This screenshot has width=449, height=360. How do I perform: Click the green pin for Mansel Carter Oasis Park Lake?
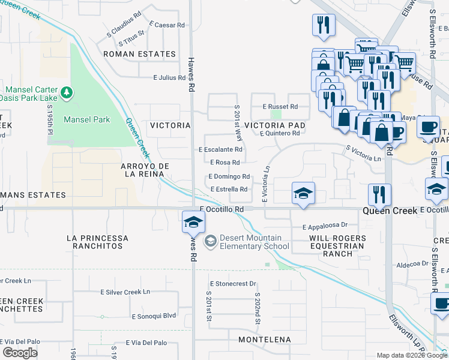click(x=67, y=92)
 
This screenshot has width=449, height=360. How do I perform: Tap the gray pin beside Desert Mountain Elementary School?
click(x=210, y=242)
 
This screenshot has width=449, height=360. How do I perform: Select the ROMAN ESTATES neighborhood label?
click(x=139, y=54)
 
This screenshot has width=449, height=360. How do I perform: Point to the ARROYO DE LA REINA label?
click(x=142, y=170)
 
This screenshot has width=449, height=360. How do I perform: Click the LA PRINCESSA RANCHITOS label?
click(x=97, y=242)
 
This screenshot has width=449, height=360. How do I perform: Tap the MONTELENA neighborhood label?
click(x=265, y=340)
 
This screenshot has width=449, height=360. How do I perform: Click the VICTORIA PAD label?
click(x=275, y=125)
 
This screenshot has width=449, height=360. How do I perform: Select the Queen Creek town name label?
click(x=390, y=211)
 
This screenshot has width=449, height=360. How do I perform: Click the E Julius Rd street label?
click(x=169, y=77)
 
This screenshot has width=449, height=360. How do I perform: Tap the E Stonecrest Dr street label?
click(x=233, y=283)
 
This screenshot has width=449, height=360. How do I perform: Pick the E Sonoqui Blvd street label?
click(x=154, y=316)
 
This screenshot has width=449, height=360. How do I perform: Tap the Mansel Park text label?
click(x=87, y=119)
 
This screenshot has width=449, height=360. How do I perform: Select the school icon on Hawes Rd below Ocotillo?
click(x=193, y=221)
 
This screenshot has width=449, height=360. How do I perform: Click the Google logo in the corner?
click(x=20, y=353)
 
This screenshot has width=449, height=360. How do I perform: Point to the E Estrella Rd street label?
click(x=230, y=190)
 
